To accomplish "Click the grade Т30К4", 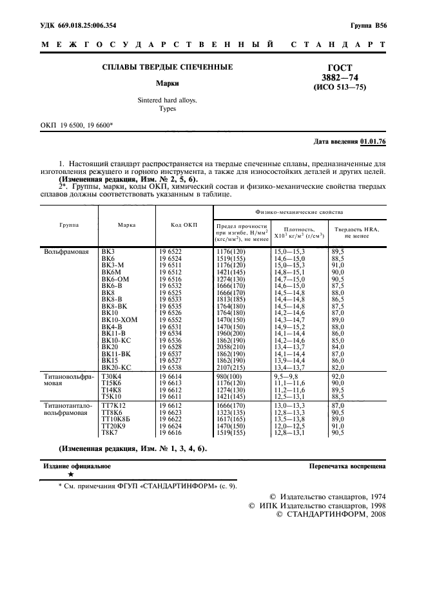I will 111,376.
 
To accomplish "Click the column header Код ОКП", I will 184,225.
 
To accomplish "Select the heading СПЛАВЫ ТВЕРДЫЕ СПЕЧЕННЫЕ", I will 168,67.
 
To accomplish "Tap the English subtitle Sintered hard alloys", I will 168,100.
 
